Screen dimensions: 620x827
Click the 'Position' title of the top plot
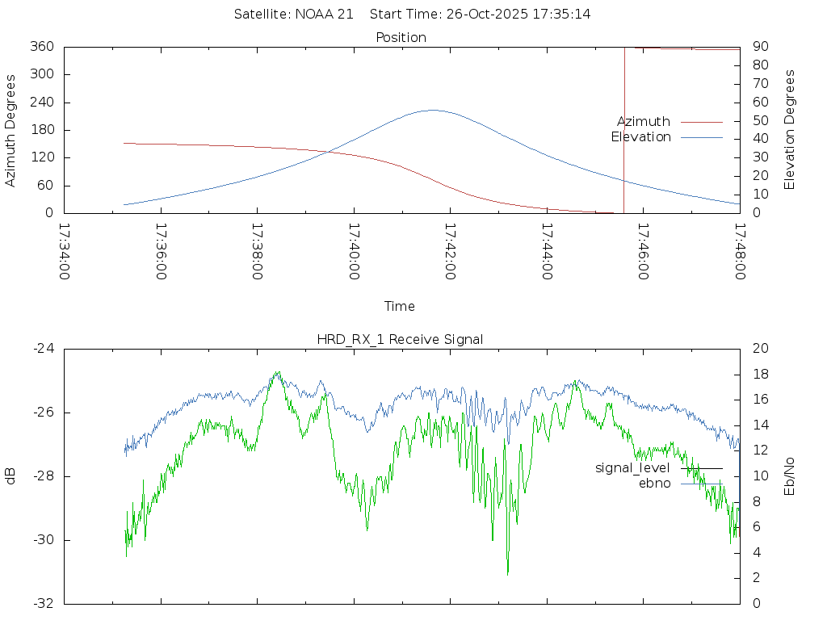(x=401, y=38)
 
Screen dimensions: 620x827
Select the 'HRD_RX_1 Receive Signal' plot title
(x=400, y=339)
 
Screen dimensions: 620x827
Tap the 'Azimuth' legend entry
(x=644, y=122)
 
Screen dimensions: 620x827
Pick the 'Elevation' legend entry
(x=640, y=137)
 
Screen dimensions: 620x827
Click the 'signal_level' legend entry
(x=632, y=468)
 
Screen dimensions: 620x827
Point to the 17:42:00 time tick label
(x=449, y=251)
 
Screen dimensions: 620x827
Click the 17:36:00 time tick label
(x=160, y=251)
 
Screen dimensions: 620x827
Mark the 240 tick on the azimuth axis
(x=41, y=103)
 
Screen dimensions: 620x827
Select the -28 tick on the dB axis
(x=42, y=476)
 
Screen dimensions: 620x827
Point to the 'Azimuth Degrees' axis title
(x=11, y=131)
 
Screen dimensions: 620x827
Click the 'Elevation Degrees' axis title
(x=790, y=130)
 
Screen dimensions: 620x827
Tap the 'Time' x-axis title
(x=400, y=307)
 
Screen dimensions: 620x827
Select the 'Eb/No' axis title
(x=790, y=476)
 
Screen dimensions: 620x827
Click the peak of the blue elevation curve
(x=433, y=110)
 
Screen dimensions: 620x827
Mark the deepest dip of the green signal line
(x=508, y=573)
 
